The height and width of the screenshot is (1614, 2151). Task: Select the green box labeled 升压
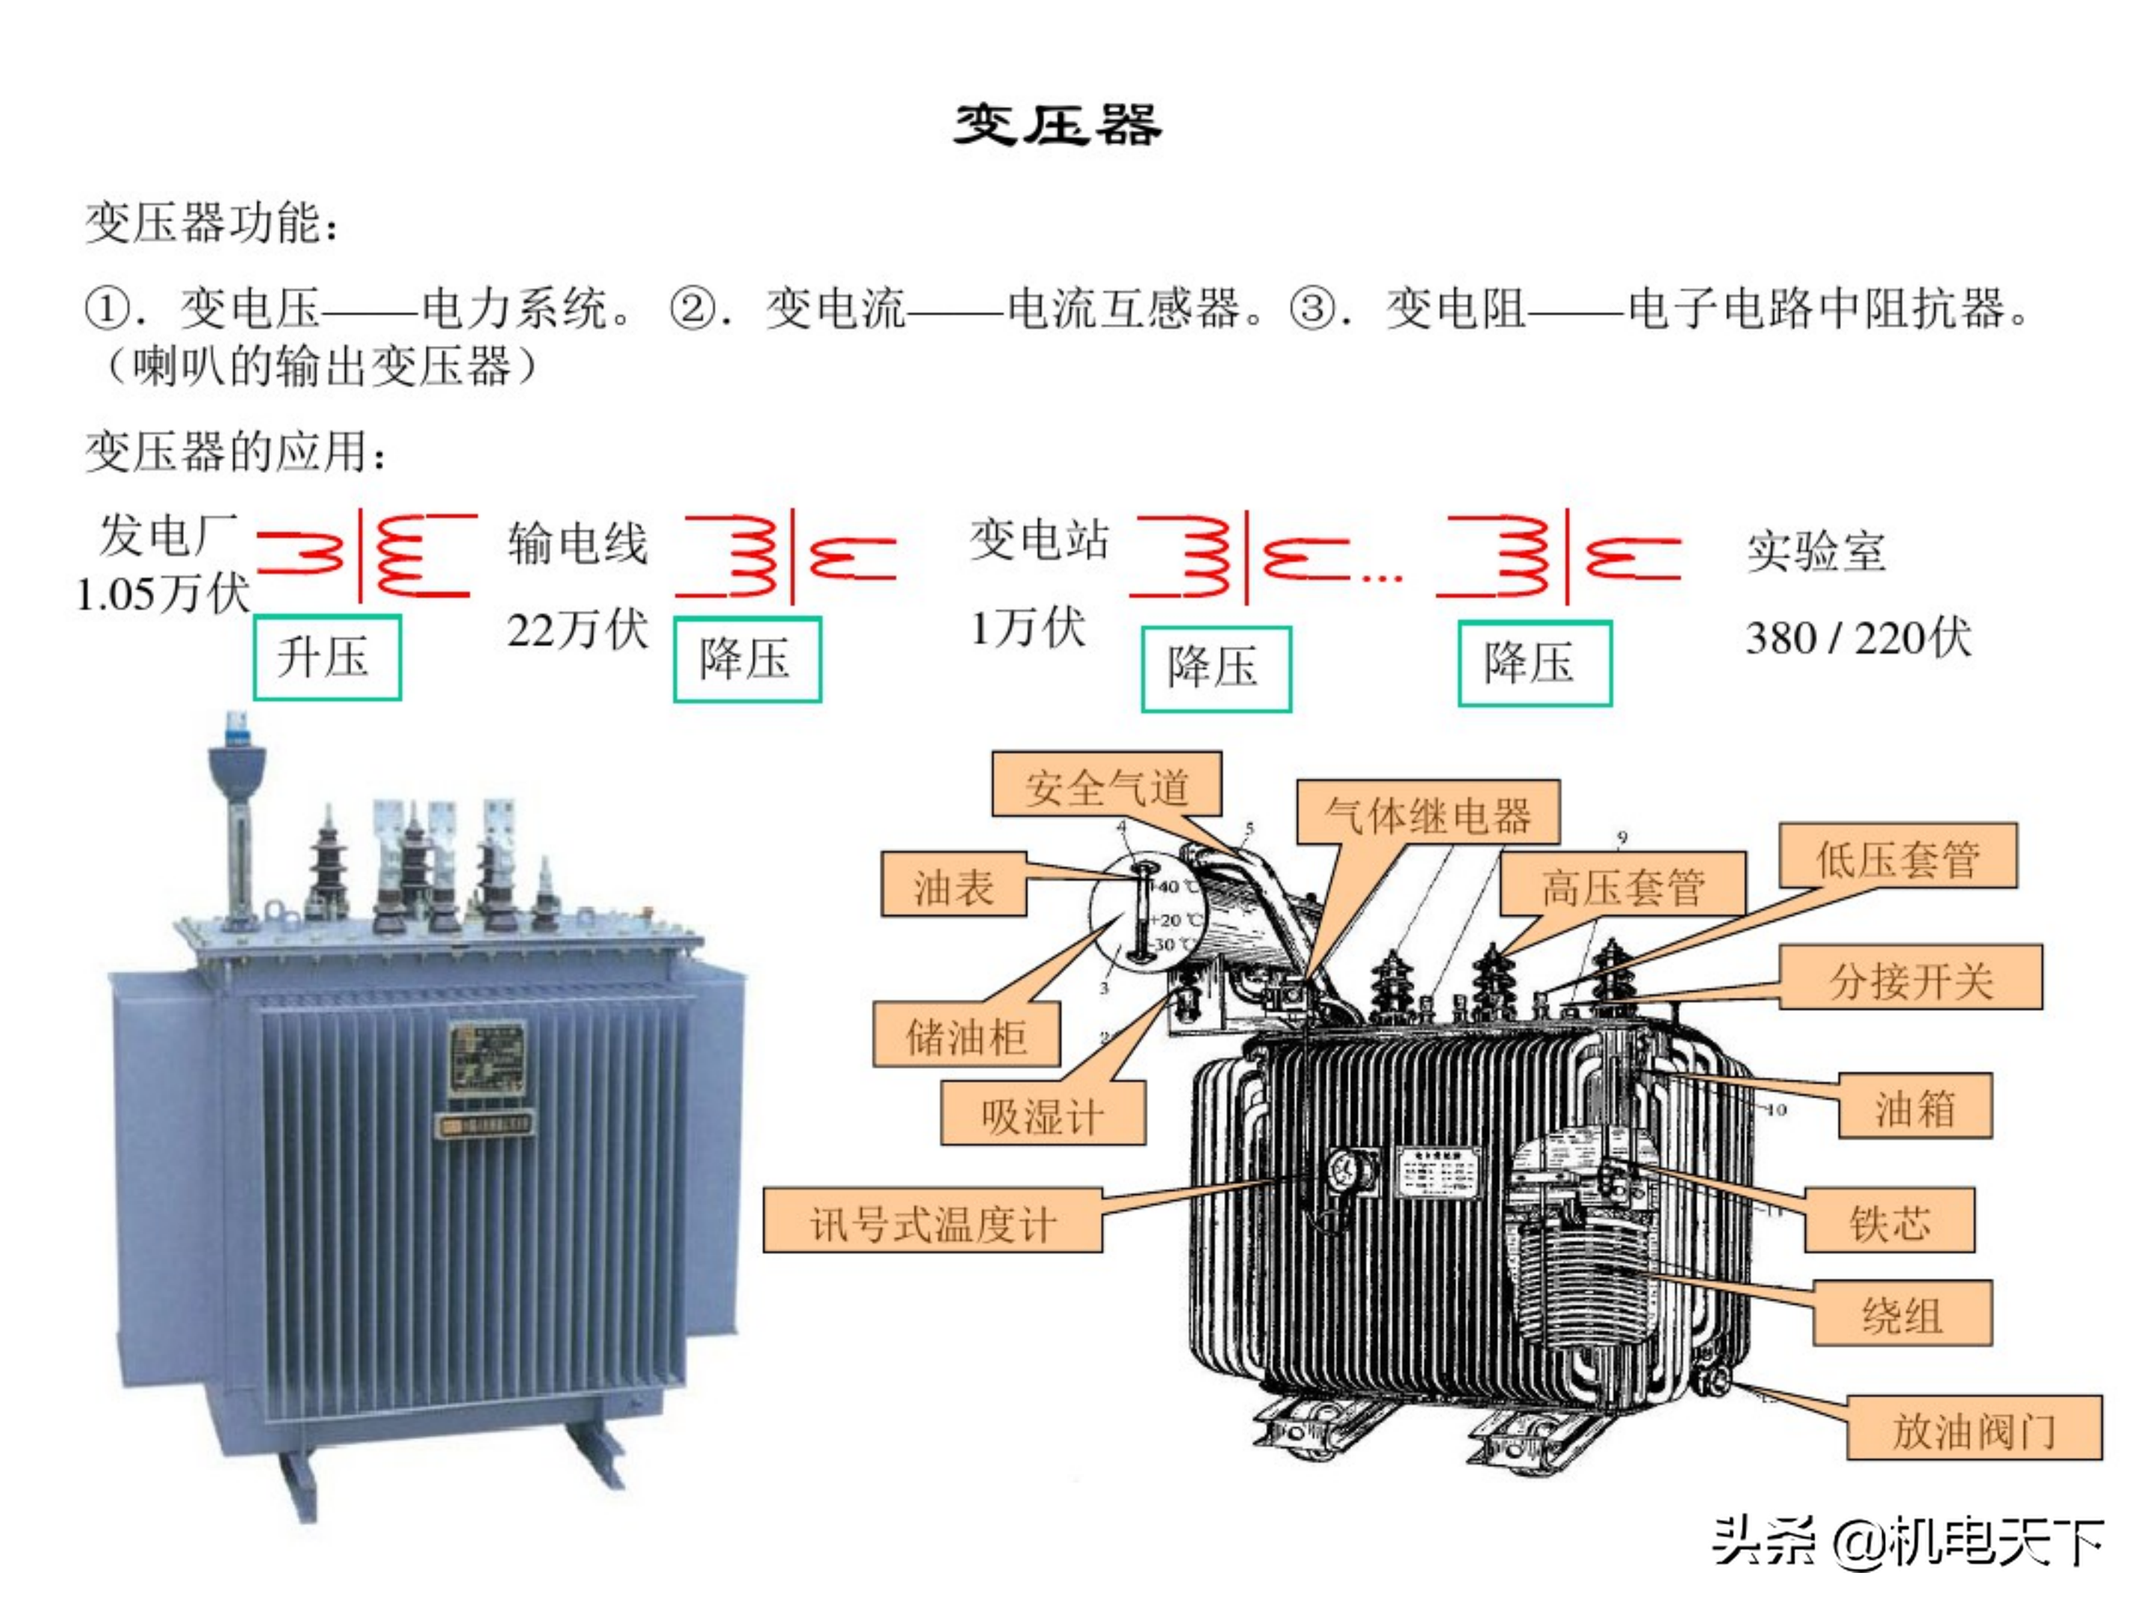point(326,657)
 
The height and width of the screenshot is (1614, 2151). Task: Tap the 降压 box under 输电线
point(747,660)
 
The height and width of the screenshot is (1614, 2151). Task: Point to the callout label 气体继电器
point(1427,812)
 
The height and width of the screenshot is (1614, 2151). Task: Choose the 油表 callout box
point(953,885)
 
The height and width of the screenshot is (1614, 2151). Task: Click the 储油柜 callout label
point(966,1035)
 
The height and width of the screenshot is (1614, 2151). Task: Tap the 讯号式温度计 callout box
point(931,1221)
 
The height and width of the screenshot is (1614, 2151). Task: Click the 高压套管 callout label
point(1622,885)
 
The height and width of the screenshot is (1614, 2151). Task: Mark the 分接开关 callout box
point(1910,977)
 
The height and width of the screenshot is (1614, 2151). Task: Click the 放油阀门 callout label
point(1973,1428)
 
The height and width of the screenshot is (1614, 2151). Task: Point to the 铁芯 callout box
point(1888,1220)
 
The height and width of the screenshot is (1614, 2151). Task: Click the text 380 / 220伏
point(1857,638)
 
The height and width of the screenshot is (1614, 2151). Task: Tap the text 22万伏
point(577,629)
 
